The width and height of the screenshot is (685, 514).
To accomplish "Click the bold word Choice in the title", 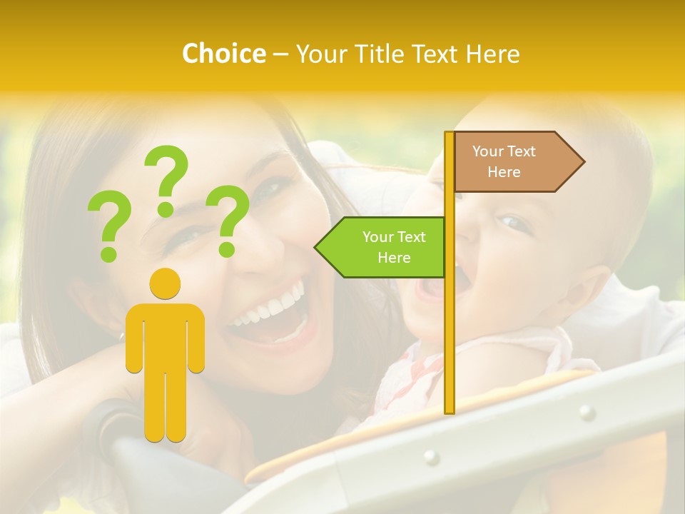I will [223, 54].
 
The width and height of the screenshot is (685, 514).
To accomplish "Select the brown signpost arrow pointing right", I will [519, 161].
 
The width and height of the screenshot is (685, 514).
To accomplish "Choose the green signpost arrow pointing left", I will [380, 247].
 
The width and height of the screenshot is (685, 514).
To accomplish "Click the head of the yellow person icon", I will [165, 284].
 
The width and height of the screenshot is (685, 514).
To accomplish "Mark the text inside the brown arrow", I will [504, 161].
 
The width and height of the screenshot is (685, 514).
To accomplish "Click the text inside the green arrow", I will [393, 247].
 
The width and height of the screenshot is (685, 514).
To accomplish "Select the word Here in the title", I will [493, 54].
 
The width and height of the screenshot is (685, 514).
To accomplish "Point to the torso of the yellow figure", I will [165, 336].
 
